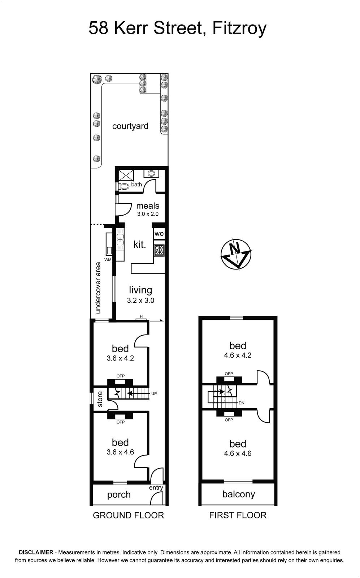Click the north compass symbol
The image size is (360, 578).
(236, 254)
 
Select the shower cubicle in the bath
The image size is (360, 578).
(126, 175)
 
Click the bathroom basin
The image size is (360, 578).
(151, 173)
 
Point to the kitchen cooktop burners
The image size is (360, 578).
(159, 250)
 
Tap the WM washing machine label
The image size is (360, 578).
(108, 260)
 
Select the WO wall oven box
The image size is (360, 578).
(159, 233)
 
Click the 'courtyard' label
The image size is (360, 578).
(130, 126)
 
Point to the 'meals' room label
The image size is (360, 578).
(148, 206)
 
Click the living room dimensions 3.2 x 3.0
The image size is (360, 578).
(140, 300)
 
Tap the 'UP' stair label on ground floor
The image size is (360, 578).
(154, 394)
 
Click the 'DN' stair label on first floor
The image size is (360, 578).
(242, 403)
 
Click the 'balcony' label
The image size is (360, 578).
(239, 494)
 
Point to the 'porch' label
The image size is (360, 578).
(119, 495)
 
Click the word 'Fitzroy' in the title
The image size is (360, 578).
(239, 28)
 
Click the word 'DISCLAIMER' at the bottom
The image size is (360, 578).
(36, 552)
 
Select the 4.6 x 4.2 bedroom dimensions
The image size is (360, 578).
(238, 355)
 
